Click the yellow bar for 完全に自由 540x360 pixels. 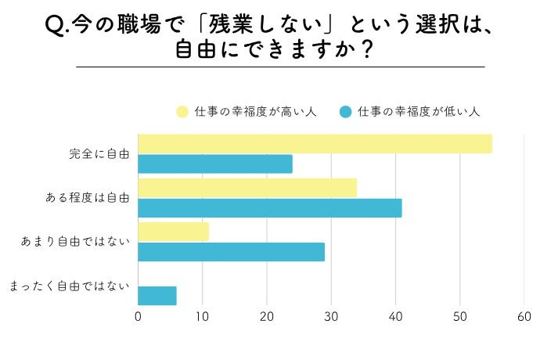[x=315, y=144]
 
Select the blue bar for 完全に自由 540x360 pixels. [x=215, y=164]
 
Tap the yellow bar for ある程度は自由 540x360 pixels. [x=247, y=188]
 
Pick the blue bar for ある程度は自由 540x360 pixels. [x=270, y=208]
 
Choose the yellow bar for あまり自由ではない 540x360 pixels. [x=174, y=232]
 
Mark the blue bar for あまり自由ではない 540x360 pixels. [x=232, y=252]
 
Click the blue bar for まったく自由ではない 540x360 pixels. [x=157, y=296]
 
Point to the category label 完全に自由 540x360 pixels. [x=99, y=154]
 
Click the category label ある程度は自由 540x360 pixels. [x=88, y=198]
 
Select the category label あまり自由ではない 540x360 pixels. [x=75, y=242]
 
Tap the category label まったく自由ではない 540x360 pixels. [x=69, y=286]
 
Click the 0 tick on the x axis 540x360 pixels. [x=139, y=316]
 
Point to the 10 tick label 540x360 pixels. [x=203, y=316]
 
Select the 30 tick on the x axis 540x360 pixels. [x=331, y=316]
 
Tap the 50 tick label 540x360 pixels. [x=459, y=316]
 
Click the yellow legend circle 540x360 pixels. [x=182, y=112]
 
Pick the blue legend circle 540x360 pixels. [x=345, y=112]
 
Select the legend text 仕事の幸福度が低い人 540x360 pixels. [x=418, y=112]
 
